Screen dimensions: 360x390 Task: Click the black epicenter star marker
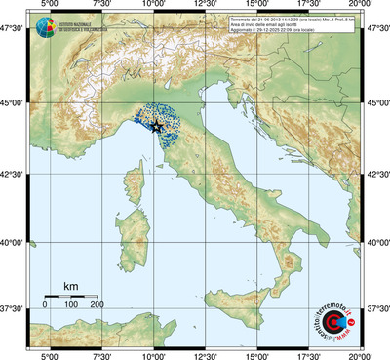tap(156, 126)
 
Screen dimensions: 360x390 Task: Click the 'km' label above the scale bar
tap(70, 286)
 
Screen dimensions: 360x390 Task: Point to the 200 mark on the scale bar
tap(97, 305)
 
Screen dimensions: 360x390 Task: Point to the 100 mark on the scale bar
tap(71, 305)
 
